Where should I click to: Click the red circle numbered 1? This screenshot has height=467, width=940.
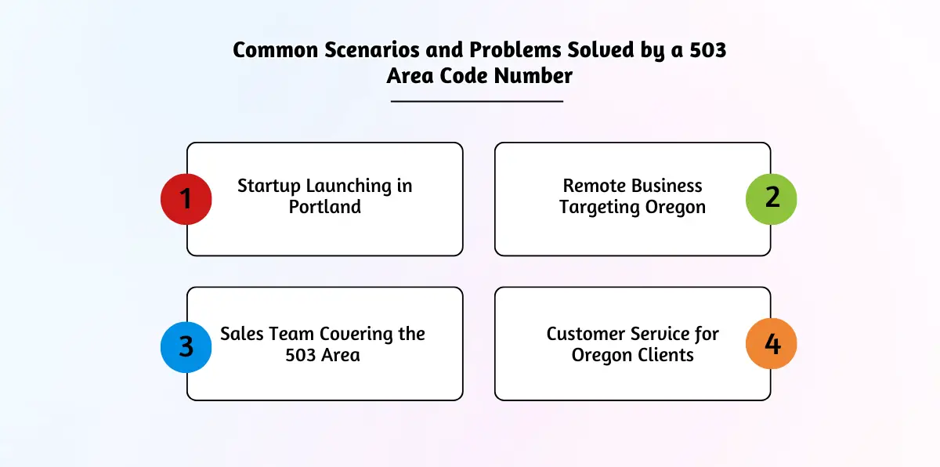coord(186,199)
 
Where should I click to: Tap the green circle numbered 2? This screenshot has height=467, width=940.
coord(772,199)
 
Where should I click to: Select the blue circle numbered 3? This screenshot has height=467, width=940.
coord(186,347)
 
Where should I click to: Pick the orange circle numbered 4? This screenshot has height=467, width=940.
coord(772,344)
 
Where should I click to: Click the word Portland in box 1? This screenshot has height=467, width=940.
coord(325,207)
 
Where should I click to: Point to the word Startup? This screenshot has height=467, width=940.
coord(269,186)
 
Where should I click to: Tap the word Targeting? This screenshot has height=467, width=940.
coord(599,208)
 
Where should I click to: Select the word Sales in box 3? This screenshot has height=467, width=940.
coord(241,334)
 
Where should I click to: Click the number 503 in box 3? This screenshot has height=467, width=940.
coord(301,355)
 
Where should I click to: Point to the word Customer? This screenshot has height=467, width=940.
coord(585,334)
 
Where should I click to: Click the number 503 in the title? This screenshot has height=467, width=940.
coord(708,50)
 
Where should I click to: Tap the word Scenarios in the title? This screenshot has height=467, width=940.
coord(372,50)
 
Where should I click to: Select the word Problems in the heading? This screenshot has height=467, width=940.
coord(515,50)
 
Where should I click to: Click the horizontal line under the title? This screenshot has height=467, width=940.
coord(477,101)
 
